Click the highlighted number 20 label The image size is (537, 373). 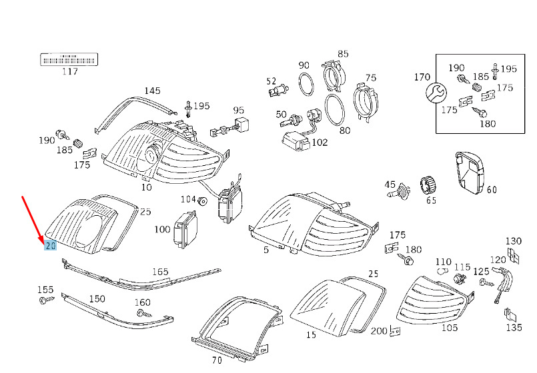[50, 245]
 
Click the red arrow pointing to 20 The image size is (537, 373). [33, 220]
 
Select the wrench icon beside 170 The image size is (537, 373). [436, 93]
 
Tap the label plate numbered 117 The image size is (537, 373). [69, 59]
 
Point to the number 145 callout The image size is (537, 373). [152, 91]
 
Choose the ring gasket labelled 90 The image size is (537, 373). [306, 84]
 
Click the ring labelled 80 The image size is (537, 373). [335, 109]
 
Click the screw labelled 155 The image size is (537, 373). [47, 300]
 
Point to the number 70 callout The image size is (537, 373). [217, 360]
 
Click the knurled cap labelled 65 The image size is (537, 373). [428, 186]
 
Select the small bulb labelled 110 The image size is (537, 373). [442, 272]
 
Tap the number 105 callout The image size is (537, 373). [450, 328]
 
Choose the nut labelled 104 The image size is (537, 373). [203, 201]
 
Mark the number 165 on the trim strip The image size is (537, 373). [160, 272]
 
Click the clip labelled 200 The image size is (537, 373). [395, 331]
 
